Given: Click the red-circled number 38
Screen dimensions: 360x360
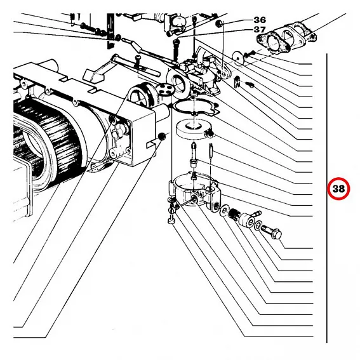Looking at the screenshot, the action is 338,189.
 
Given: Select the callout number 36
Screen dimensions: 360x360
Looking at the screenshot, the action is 260,20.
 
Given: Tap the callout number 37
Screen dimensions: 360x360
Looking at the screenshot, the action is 260,29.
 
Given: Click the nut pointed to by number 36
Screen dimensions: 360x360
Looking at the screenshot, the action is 220,23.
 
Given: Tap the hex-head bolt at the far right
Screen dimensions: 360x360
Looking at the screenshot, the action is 272,231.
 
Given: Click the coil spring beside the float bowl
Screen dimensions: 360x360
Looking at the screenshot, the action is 234,214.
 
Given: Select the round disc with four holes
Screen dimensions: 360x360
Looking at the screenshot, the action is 164,89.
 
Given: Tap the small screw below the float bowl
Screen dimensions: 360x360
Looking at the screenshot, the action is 171,217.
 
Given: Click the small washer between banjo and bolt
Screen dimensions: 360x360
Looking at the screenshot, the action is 258,225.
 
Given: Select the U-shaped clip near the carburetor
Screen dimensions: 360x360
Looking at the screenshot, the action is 237,81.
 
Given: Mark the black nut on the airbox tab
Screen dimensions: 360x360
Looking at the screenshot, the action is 162,137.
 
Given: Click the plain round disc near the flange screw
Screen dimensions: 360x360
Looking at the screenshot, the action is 239,57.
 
